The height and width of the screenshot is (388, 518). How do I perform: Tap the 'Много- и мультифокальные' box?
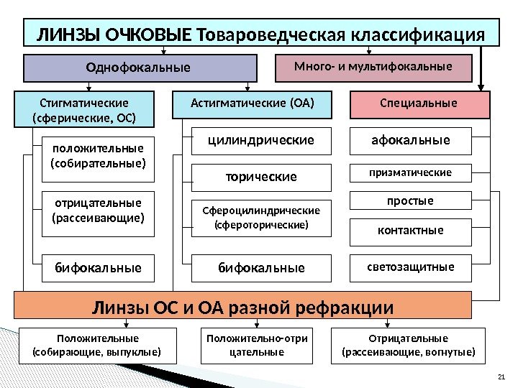click(x=373, y=67)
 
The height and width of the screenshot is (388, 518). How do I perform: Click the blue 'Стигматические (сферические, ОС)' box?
click(x=85, y=109)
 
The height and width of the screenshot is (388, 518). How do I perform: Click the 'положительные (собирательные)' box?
click(x=98, y=156)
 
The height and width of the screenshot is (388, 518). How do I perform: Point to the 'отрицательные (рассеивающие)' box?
click(x=98, y=210)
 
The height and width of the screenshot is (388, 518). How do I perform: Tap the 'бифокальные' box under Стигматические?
click(x=98, y=268)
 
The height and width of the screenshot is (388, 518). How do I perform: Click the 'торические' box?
click(x=261, y=176)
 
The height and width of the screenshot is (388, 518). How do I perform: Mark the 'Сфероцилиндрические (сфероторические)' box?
click(x=261, y=218)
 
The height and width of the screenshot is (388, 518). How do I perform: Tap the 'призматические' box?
click(x=410, y=172)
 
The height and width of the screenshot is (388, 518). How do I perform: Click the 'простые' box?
click(x=410, y=201)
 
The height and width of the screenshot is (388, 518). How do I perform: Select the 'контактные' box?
click(x=410, y=231)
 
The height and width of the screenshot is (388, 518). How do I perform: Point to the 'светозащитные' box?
click(x=410, y=267)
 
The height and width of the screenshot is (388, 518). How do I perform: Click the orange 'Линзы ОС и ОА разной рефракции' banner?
click(x=243, y=308)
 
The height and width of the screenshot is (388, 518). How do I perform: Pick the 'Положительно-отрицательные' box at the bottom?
click(x=257, y=345)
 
